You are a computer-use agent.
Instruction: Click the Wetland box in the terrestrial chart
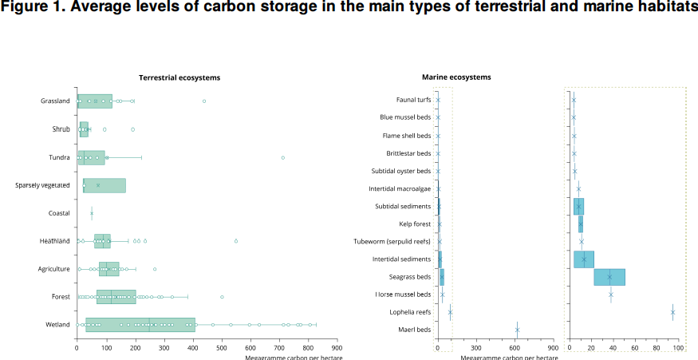(140, 325)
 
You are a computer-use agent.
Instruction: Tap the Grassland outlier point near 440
(204, 101)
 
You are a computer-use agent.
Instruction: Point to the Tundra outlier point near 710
(283, 157)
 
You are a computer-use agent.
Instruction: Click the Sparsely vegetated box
(105, 185)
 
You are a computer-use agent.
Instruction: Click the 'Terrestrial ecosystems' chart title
(179, 77)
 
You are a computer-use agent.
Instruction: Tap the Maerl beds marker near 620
(517, 330)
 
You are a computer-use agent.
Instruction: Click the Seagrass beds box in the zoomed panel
(609, 277)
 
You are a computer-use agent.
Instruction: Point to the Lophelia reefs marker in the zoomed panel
(672, 313)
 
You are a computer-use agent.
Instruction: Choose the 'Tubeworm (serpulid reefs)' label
(392, 241)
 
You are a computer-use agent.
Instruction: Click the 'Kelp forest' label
(415, 224)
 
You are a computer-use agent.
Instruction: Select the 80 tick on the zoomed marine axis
(656, 348)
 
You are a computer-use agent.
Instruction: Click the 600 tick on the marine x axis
(515, 348)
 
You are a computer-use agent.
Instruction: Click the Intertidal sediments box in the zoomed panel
(584, 259)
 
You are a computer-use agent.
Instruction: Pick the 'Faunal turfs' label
(413, 100)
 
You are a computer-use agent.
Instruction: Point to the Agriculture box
(108, 269)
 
